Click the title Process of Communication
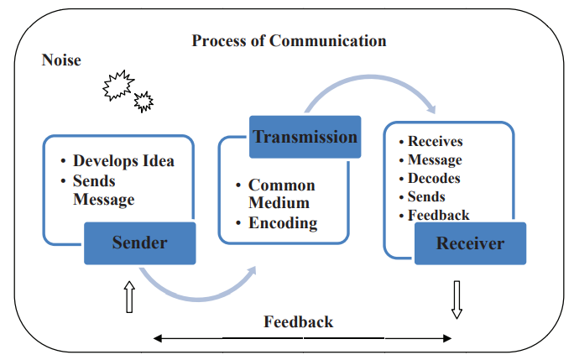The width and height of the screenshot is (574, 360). click(289, 40)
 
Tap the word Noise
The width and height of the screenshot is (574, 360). click(61, 60)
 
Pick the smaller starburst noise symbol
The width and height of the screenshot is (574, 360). click(143, 102)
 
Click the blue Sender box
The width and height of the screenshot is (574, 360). click(139, 243)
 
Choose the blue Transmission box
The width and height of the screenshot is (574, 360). click(305, 137)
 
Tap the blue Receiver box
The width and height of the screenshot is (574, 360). click(470, 244)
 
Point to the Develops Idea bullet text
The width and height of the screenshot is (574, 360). click(123, 160)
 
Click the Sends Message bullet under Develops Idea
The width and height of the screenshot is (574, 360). click(103, 190)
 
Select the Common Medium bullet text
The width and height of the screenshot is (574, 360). click(281, 194)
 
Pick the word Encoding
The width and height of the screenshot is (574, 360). click(283, 223)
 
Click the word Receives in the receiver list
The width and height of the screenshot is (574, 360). click(435, 141)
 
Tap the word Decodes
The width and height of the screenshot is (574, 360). click(434, 178)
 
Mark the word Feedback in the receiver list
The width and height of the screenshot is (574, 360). click(438, 215)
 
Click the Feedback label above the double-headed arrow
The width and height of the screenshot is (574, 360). click(299, 321)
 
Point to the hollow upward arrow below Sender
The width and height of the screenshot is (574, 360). click(129, 297)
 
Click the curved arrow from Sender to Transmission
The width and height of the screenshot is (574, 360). click(198, 290)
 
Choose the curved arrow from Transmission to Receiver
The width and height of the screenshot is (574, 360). click(369, 88)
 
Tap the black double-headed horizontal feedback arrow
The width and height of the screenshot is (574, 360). click(303, 339)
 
